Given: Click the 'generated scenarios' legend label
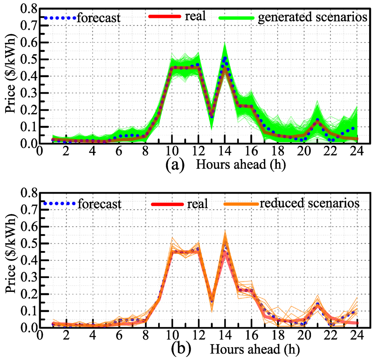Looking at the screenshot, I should click(312, 18).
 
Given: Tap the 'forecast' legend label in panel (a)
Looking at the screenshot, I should click(99, 18).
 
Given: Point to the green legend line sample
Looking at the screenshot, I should click(236, 18).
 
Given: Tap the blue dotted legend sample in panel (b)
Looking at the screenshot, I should click(59, 203).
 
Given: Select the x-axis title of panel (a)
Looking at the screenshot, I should click(241, 165).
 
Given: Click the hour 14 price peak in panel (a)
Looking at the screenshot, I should click(224, 59).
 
